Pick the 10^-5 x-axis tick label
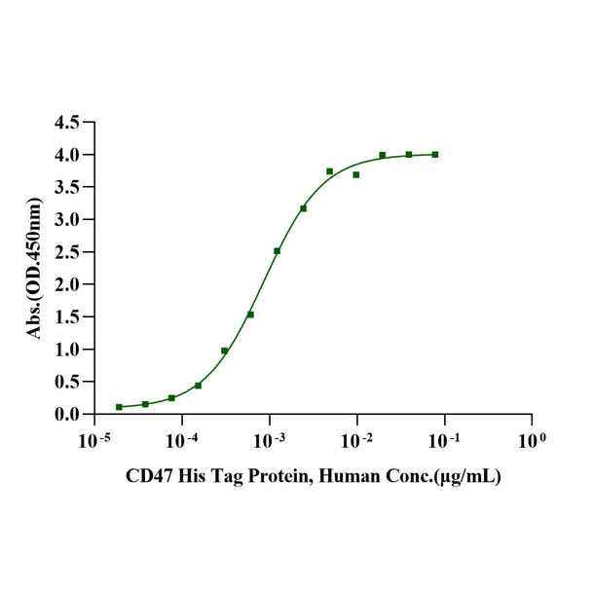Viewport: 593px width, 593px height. point(93,440)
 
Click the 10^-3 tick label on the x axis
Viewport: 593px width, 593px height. point(269,440)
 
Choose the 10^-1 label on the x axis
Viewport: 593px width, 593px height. point(444,440)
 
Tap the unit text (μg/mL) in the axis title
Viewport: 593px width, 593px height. point(466,478)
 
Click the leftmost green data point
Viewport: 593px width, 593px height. point(119,407)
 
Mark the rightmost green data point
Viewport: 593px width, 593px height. point(435,155)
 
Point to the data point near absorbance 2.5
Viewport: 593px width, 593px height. point(277,251)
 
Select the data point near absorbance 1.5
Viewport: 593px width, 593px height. point(250,315)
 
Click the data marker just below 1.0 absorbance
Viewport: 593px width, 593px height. point(224,351)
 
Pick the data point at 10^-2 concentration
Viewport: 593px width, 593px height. point(356,175)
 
